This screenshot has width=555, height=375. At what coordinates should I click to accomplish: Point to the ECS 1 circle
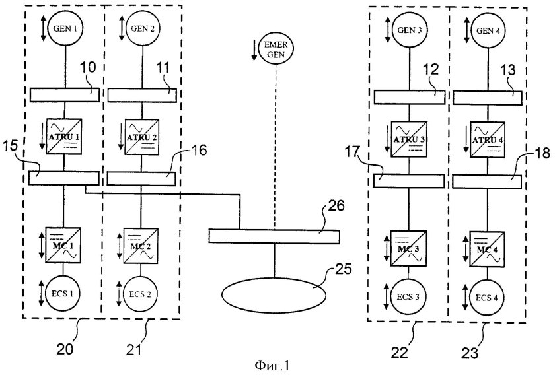[64, 294]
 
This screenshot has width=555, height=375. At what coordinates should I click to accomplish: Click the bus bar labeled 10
[64, 96]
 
